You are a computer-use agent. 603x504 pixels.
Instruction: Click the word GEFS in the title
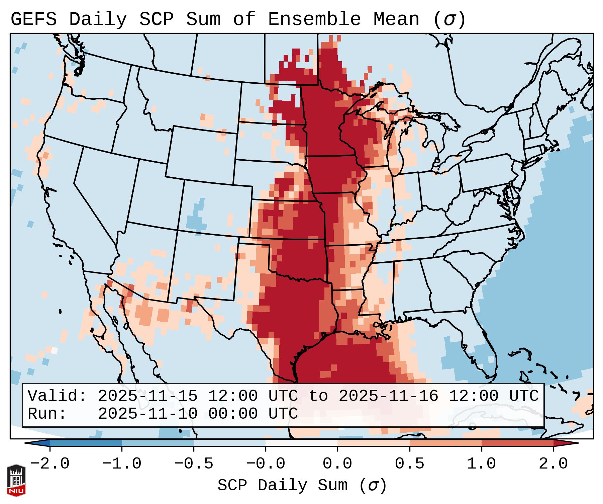(x=33, y=19)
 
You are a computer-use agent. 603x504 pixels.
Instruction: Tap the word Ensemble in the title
(x=314, y=19)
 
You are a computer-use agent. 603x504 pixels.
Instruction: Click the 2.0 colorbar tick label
(x=553, y=464)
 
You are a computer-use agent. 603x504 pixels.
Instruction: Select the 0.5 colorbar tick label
(x=409, y=464)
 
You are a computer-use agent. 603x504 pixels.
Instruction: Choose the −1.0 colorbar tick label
(x=121, y=464)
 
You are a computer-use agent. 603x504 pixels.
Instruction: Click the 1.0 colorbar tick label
(x=481, y=464)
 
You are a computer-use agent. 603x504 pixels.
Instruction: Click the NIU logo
(x=16, y=480)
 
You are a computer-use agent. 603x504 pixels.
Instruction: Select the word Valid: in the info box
(x=57, y=396)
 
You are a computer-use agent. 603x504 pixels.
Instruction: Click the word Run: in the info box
(x=47, y=414)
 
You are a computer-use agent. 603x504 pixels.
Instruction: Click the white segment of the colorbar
(x=301, y=443)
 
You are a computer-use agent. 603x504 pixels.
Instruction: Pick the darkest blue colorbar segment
(x=85, y=443)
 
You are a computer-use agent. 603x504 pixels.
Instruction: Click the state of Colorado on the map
(x=214, y=207)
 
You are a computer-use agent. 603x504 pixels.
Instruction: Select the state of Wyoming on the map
(x=201, y=151)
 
